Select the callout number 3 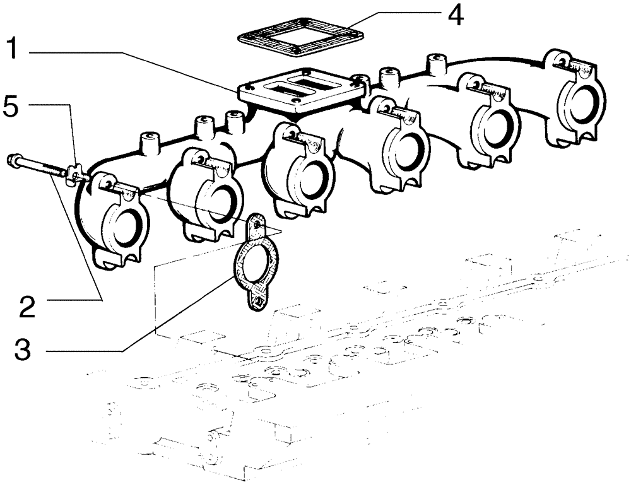(22, 349)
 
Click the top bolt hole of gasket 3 (255, 222)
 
